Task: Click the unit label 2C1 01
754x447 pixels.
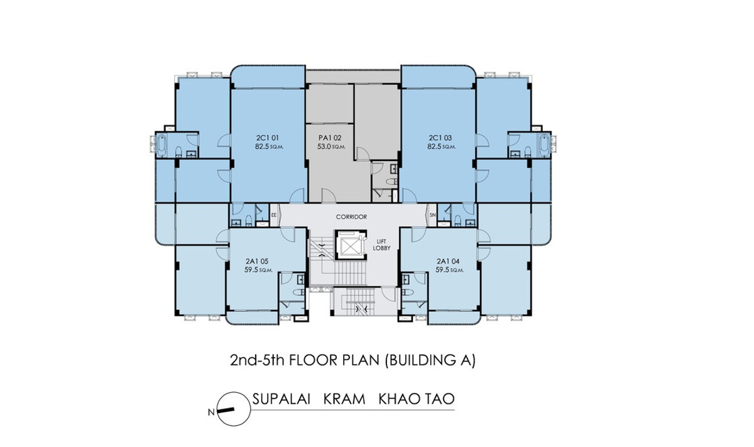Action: tap(267, 138)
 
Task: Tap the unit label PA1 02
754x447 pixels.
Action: tap(330, 138)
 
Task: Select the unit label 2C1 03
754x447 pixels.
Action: tap(440, 138)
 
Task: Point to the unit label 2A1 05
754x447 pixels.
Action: tap(257, 261)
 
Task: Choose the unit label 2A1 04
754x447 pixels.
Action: tap(448, 261)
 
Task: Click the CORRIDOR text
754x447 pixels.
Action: tap(351, 217)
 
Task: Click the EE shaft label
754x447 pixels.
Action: tap(274, 214)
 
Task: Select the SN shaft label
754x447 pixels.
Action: tap(432, 214)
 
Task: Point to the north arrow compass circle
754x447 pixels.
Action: tap(234, 409)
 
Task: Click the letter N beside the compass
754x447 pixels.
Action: tap(211, 412)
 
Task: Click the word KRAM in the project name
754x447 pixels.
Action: tap(344, 399)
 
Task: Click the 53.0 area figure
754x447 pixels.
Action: tap(324, 146)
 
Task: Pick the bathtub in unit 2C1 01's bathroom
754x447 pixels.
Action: tap(162, 146)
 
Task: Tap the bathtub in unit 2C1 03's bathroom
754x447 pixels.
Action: tap(544, 146)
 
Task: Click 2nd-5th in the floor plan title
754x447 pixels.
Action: tap(258, 360)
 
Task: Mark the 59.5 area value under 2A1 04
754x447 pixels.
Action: tap(442, 270)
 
